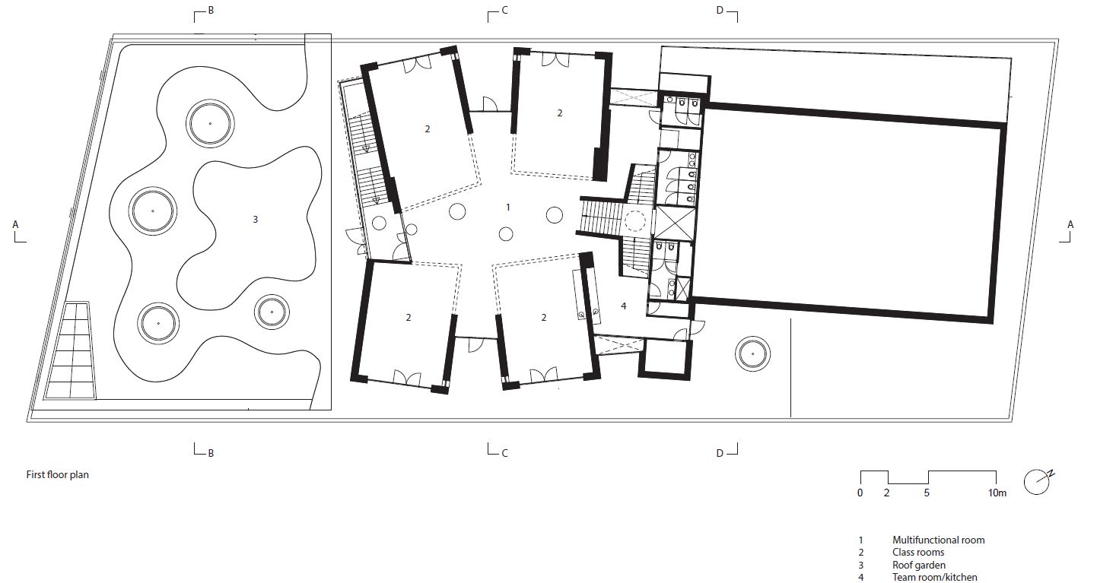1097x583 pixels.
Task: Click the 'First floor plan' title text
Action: tap(57, 475)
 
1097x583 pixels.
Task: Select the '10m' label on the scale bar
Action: tap(997, 493)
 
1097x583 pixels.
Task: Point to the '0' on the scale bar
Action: tap(860, 493)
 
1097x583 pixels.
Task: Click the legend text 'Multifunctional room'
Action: tap(938, 540)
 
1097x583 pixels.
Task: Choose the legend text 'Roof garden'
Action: tap(919, 565)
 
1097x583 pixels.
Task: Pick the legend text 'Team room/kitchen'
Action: tap(934, 577)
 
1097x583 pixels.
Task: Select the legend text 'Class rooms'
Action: tap(918, 552)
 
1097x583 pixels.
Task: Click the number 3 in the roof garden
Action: tap(255, 220)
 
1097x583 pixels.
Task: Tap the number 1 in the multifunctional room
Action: tap(508, 207)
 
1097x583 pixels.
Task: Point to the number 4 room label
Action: tap(623, 306)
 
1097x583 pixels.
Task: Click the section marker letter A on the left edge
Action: tap(15, 224)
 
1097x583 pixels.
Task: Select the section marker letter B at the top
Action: tap(211, 10)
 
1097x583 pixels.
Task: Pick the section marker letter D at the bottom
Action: tap(720, 453)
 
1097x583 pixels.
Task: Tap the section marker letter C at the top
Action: tap(505, 10)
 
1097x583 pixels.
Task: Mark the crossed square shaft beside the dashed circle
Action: tap(674, 223)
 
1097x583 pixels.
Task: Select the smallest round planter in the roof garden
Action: tap(272, 312)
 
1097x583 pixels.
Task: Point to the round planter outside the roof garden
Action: tap(752, 353)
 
